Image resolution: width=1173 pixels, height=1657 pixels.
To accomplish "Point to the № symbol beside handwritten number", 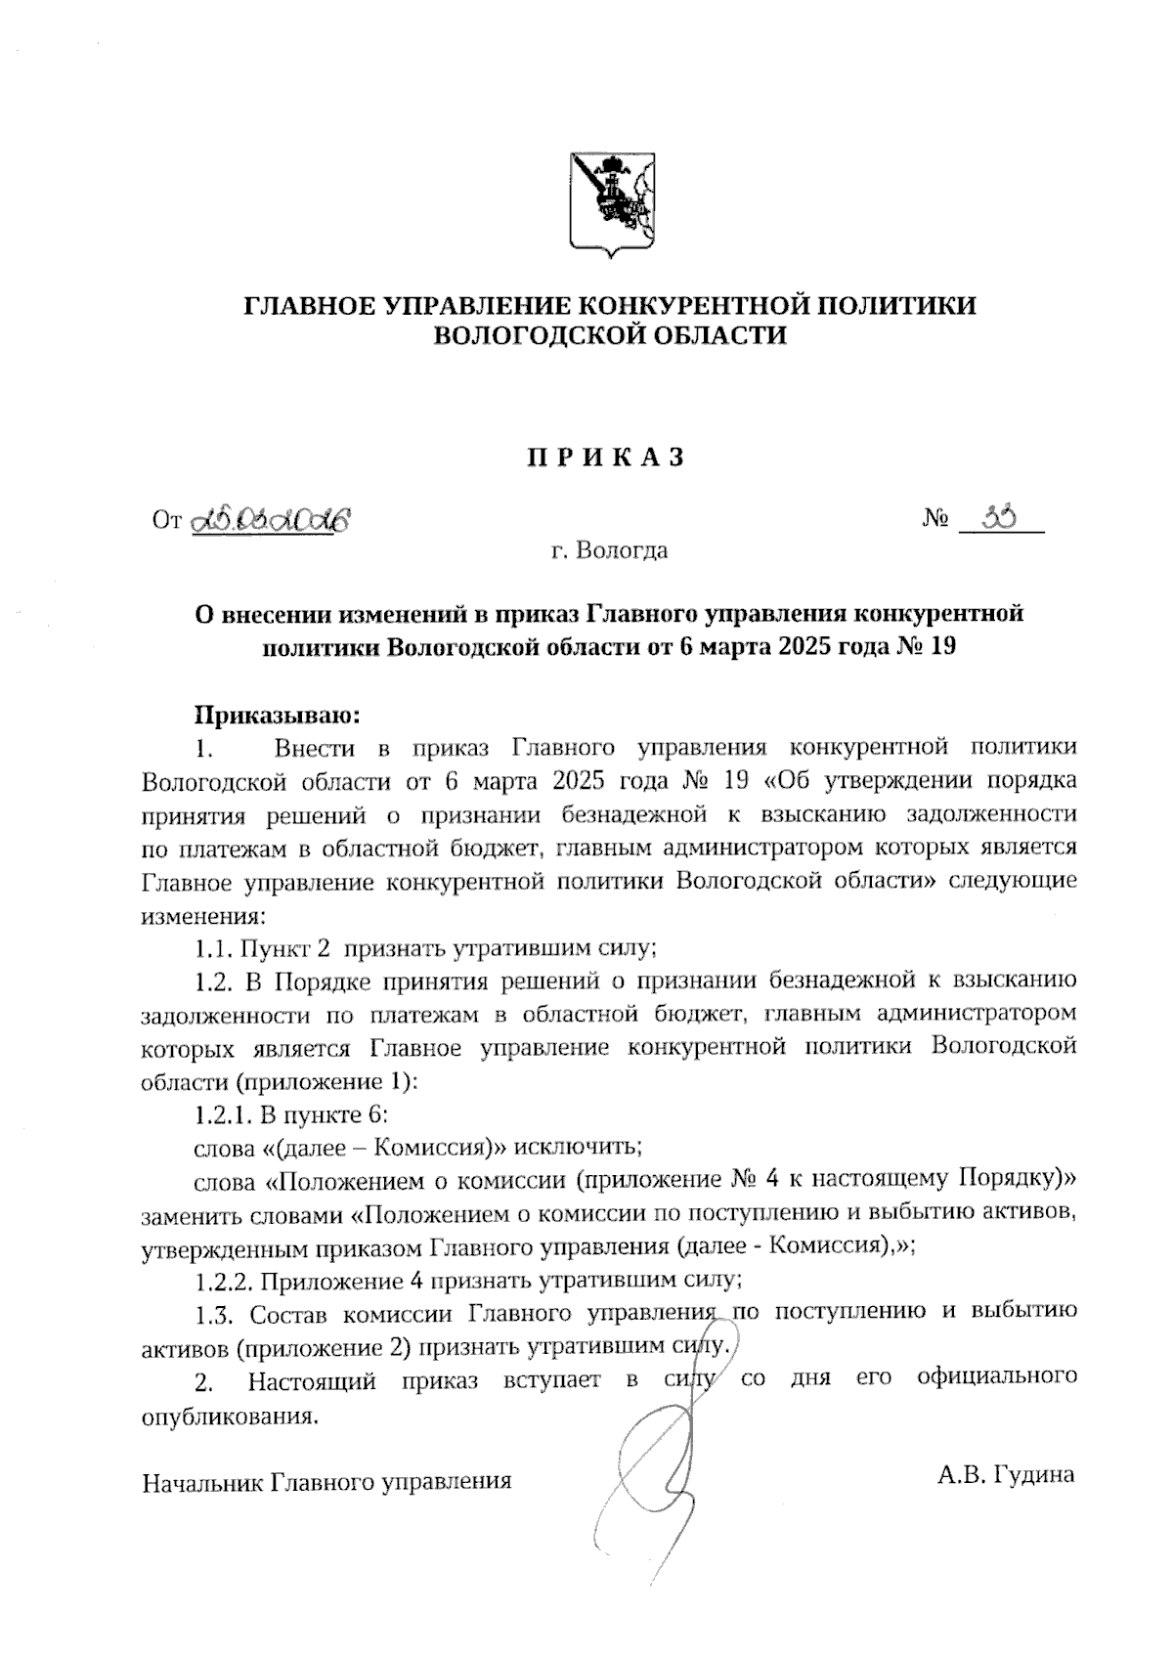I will (935, 520).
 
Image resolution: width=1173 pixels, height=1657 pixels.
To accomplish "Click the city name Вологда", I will (623, 551).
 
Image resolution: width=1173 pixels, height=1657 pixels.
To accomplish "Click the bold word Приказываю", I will (279, 716).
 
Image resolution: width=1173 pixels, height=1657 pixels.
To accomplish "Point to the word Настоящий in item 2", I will (313, 1381).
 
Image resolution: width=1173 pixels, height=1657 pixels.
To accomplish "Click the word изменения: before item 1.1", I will (202, 916).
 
